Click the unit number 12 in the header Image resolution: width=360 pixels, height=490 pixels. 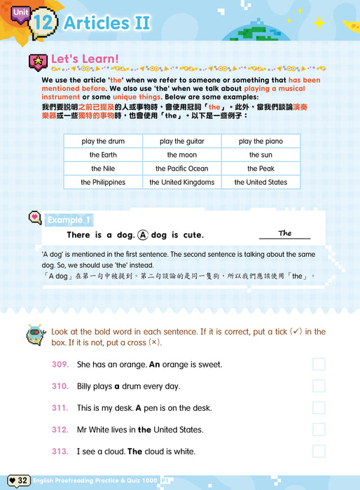[44, 22]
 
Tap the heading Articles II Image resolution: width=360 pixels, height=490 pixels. [106, 22]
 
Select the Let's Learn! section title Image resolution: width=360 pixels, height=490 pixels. [85, 59]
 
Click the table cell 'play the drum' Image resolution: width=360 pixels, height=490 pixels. [103, 141]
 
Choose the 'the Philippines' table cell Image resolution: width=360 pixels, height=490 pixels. [103, 182]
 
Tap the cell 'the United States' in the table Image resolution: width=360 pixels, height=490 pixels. [261, 182]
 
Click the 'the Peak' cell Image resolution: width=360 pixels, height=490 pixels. [261, 169]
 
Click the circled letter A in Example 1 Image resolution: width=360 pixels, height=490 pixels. [144, 235]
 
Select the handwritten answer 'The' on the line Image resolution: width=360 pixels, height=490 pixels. [284, 233]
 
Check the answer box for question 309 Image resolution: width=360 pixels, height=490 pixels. [319, 364]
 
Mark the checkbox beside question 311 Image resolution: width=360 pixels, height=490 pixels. [319, 407]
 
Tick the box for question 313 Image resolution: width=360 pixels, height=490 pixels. [319, 451]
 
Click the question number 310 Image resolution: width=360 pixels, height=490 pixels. [60, 386]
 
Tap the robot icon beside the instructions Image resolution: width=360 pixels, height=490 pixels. [34, 335]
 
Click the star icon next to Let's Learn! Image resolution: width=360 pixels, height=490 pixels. [36, 61]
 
